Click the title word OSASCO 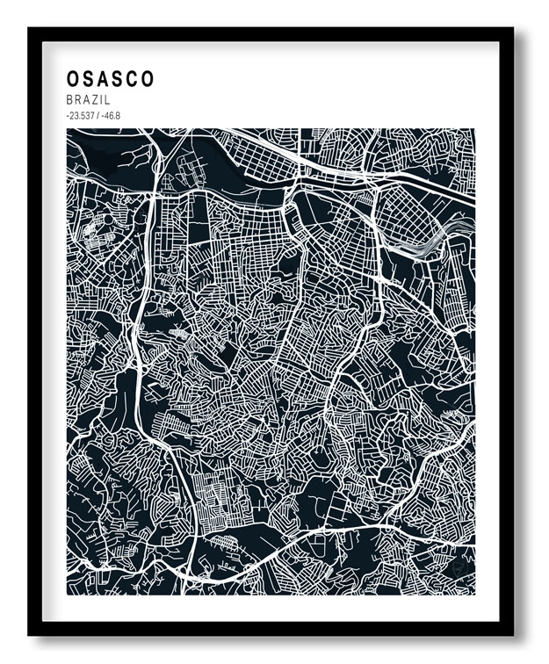[110, 79]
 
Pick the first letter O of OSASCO [73, 79]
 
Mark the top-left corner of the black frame [29, 28]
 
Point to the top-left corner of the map [67, 129]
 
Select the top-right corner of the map [474, 129]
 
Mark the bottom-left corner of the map [67, 595]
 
